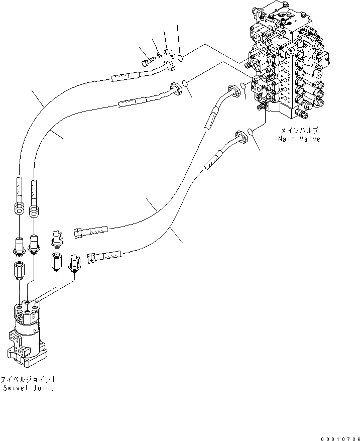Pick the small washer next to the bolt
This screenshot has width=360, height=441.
(159, 54)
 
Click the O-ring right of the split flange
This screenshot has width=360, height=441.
(181, 58)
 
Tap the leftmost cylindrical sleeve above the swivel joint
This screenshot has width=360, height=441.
(19, 271)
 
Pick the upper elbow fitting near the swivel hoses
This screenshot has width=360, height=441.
(56, 237)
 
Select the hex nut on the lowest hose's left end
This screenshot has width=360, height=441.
(92, 257)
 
